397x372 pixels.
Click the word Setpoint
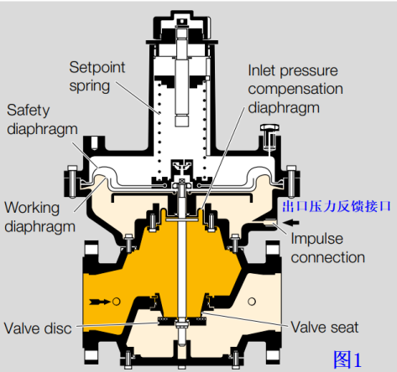97,68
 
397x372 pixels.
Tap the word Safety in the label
28,111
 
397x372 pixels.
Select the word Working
32,208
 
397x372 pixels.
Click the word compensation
295,90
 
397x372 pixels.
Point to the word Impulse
316,239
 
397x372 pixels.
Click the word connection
328,257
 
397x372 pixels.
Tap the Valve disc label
38,328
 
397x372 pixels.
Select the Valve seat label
325,328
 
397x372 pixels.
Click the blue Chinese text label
336,206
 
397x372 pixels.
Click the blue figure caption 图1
347,359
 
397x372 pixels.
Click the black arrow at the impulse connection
291,223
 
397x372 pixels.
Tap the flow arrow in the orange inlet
100,302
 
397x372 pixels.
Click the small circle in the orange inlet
116,302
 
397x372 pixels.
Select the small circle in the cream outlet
252,302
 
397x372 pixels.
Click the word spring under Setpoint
89,86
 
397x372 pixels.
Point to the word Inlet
262,70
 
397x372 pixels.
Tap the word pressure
309,71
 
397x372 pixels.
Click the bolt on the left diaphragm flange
72,181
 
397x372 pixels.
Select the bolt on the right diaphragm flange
291,181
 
